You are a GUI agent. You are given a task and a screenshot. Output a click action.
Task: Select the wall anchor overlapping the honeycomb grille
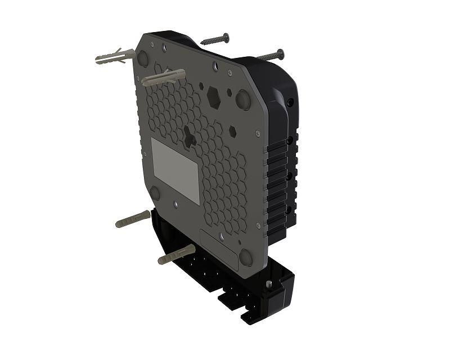coord(163,78)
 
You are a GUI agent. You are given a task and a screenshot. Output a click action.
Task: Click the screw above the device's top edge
coord(215,39)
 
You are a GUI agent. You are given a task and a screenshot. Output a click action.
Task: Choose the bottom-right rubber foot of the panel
coord(246,257)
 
